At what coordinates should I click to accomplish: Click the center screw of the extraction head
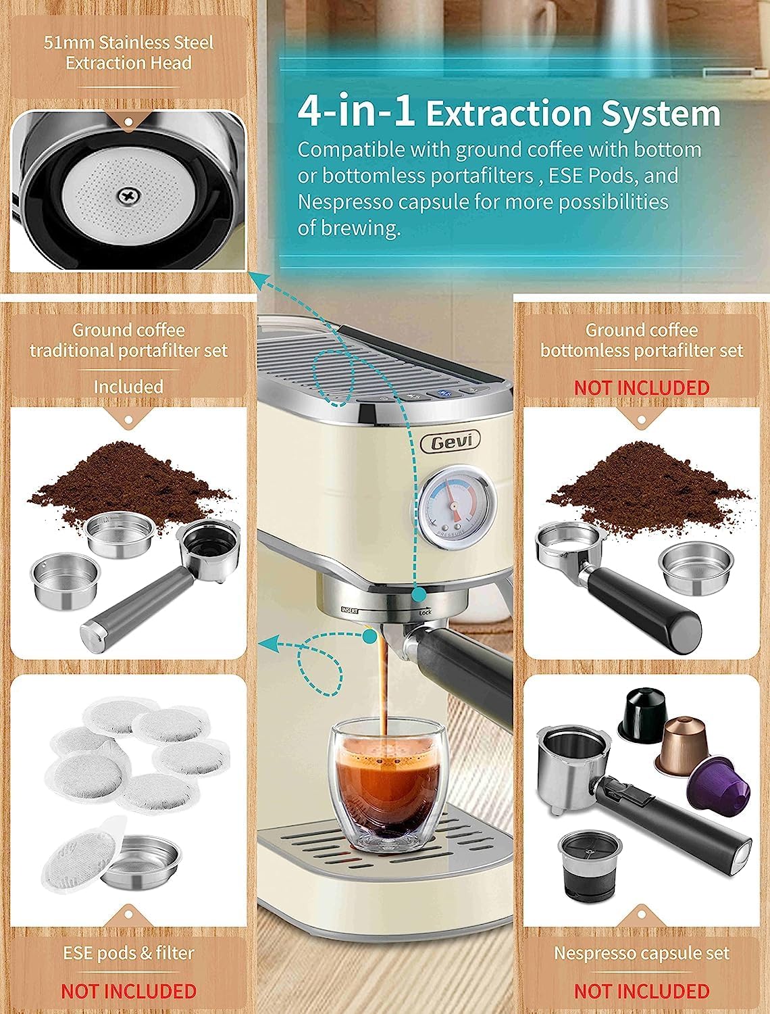(128, 195)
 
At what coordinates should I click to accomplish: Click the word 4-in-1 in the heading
(357, 112)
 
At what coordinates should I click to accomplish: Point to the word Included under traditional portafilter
(128, 387)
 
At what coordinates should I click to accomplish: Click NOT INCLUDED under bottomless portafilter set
(642, 387)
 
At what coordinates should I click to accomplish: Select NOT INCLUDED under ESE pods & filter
(128, 991)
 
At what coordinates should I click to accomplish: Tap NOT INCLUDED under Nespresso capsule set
(642, 991)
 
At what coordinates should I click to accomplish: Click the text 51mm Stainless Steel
(128, 43)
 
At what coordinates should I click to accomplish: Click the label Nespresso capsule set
(642, 953)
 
